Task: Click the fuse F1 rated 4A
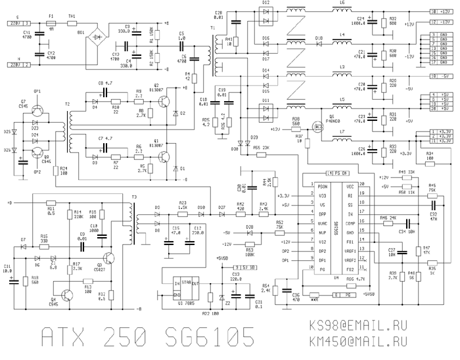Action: click(x=51, y=23)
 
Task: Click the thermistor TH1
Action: click(x=72, y=23)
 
